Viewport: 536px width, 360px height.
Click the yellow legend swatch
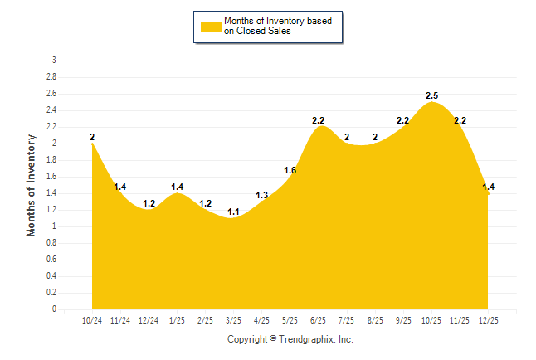pyautogui.click(x=211, y=26)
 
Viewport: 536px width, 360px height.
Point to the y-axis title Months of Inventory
pyautogui.click(x=32, y=185)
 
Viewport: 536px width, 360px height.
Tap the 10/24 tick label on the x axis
pyautogui.click(x=92, y=319)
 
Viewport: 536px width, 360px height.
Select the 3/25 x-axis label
pyautogui.click(x=233, y=319)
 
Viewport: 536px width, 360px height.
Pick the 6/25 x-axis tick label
pyautogui.click(x=318, y=319)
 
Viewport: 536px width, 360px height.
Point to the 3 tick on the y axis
pyautogui.click(x=54, y=61)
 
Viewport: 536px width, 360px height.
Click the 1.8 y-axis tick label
pyautogui.click(x=51, y=160)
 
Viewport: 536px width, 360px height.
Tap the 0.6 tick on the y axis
pyautogui.click(x=51, y=260)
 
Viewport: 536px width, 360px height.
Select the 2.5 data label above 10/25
pyautogui.click(x=431, y=96)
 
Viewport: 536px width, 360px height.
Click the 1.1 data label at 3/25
pyautogui.click(x=233, y=212)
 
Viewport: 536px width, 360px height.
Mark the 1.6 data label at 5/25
pyautogui.click(x=290, y=171)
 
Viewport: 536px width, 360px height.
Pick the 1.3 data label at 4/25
pyautogui.click(x=261, y=196)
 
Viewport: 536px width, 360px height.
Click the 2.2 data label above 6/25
pyautogui.click(x=318, y=121)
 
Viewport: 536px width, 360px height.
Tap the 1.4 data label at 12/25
pyautogui.click(x=488, y=187)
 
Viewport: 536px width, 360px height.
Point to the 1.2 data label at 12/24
pyautogui.click(x=149, y=204)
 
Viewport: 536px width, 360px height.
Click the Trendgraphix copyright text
pyautogui.click(x=290, y=339)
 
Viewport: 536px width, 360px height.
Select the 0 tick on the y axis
pyautogui.click(x=54, y=309)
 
